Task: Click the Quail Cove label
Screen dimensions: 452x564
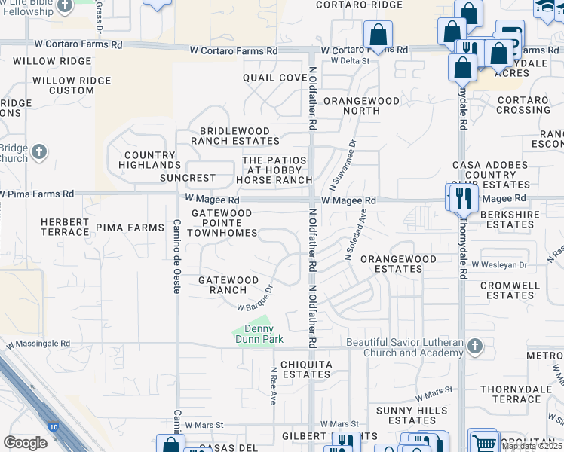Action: [274, 78]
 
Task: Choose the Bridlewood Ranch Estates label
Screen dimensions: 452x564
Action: [234, 136]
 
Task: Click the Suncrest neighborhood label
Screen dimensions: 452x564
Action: [188, 179]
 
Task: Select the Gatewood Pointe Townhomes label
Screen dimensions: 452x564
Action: [222, 224]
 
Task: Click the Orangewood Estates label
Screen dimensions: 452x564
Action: [398, 264]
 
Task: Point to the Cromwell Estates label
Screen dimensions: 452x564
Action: [510, 290]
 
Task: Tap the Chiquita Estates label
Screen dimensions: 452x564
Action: [307, 369]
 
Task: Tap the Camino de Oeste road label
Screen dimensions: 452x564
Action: [176, 256]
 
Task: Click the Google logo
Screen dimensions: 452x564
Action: [25, 442]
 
